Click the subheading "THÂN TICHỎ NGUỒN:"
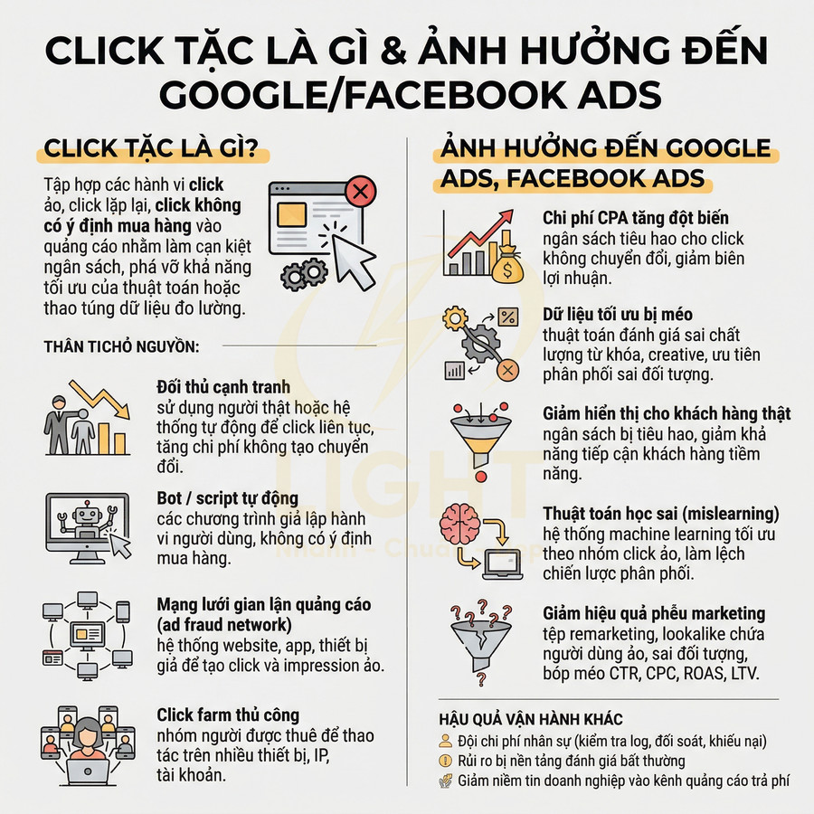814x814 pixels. point(121,346)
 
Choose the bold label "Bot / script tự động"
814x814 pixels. point(227,499)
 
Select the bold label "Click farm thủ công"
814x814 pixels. point(228,715)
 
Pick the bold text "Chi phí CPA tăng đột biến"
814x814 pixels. point(636,218)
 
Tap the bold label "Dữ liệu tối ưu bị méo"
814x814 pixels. point(618,315)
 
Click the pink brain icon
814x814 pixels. point(461,525)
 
